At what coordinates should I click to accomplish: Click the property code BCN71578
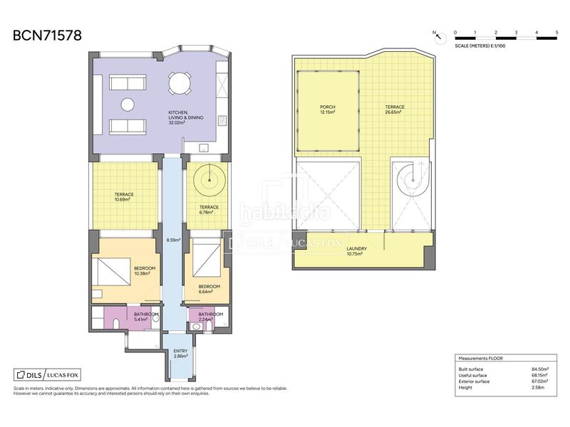[47, 36]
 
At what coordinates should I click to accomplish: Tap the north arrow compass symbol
[440, 37]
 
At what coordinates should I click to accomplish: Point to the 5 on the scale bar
[556, 33]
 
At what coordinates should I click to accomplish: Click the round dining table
[180, 83]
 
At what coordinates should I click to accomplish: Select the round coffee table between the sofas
[128, 105]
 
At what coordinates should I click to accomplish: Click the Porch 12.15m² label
[328, 110]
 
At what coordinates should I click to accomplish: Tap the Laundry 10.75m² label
[357, 251]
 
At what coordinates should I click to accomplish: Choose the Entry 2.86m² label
[180, 354]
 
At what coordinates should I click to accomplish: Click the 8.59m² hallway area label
[173, 240]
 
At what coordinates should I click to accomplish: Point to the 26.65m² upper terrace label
[395, 110]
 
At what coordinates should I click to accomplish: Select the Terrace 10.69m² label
[124, 197]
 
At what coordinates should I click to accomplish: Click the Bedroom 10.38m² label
[145, 271]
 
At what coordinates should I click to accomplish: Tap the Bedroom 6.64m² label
[209, 289]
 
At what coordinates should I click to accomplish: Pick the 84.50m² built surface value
[540, 369]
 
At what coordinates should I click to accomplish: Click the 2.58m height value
[538, 387]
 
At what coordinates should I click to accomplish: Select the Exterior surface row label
[474, 381]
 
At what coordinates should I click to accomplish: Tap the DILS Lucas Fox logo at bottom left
[47, 375]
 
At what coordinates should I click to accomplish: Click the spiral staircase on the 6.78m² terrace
[209, 180]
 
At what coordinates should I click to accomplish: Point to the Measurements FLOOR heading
[480, 359]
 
